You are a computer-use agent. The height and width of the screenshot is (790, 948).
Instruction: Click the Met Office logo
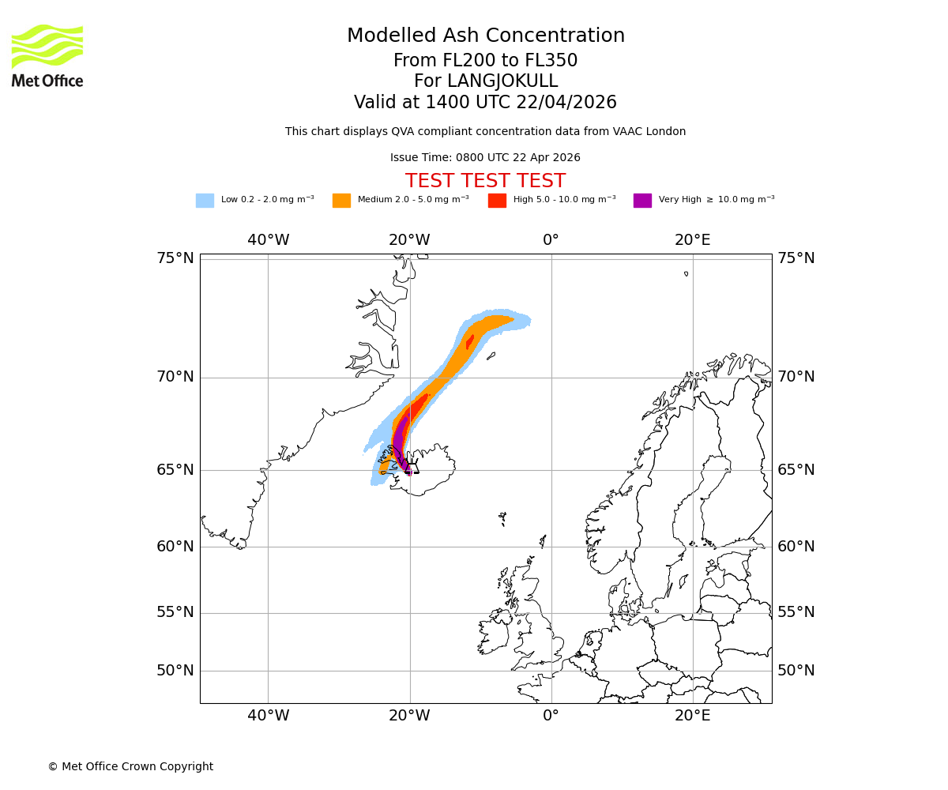(x=47, y=55)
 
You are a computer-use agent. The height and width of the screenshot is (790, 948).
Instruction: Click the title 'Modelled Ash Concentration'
(x=485, y=36)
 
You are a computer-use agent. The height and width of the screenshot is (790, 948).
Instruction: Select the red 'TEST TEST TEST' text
(x=485, y=181)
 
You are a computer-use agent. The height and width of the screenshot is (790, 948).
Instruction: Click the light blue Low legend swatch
(x=205, y=201)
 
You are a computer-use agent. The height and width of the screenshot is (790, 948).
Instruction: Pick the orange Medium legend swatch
(x=341, y=201)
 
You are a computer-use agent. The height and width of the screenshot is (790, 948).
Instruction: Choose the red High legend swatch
(x=497, y=201)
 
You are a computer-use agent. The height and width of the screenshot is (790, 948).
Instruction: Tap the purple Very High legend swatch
(x=642, y=201)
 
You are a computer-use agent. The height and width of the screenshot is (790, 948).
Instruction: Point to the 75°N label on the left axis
(x=175, y=258)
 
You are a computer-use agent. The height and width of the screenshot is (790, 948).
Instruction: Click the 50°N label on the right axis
(x=796, y=671)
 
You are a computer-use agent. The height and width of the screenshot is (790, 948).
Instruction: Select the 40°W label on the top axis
(x=268, y=240)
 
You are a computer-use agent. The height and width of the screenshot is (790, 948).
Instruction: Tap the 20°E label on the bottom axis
(x=692, y=716)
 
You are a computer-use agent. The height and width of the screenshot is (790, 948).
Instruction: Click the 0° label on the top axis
(x=551, y=240)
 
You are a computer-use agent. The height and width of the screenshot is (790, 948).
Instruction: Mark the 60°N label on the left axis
(x=175, y=547)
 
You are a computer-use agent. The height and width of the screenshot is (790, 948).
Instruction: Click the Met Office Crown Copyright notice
(x=130, y=766)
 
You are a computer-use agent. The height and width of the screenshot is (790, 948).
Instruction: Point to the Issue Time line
(x=485, y=158)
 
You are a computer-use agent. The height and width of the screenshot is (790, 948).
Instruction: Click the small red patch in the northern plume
(x=470, y=341)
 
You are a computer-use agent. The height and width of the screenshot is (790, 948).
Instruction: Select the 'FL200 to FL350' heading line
(x=485, y=61)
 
